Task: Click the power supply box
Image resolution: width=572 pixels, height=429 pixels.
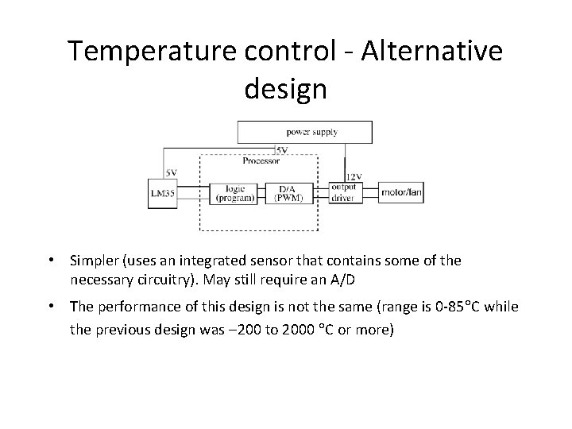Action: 304,131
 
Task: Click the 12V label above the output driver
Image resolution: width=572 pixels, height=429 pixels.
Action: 354,176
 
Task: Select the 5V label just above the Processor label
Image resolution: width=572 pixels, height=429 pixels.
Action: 281,150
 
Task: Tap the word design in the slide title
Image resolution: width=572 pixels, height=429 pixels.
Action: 285,88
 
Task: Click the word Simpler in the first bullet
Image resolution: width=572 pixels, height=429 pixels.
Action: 95,261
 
